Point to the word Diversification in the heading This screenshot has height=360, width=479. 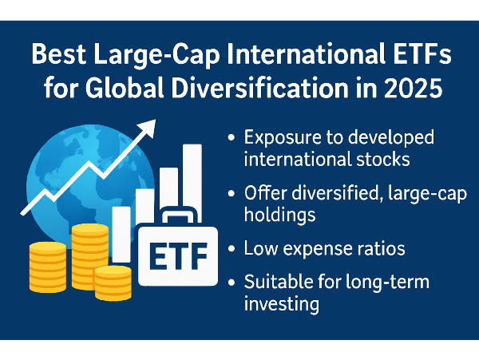[x=259, y=88]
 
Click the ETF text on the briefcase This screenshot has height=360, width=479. [x=178, y=256]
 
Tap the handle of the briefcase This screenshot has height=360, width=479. [x=178, y=216]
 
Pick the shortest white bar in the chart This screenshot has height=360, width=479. [x=121, y=234]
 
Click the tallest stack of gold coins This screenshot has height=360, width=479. [x=89, y=256]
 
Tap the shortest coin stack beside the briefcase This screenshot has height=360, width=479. [x=113, y=283]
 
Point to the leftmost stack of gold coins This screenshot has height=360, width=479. [x=48, y=267]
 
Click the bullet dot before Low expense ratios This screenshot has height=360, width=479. [x=232, y=248]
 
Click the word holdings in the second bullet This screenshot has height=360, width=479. [x=280, y=215]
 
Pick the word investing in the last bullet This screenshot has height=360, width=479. [x=281, y=304]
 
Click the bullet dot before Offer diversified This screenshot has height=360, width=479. [x=232, y=193]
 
